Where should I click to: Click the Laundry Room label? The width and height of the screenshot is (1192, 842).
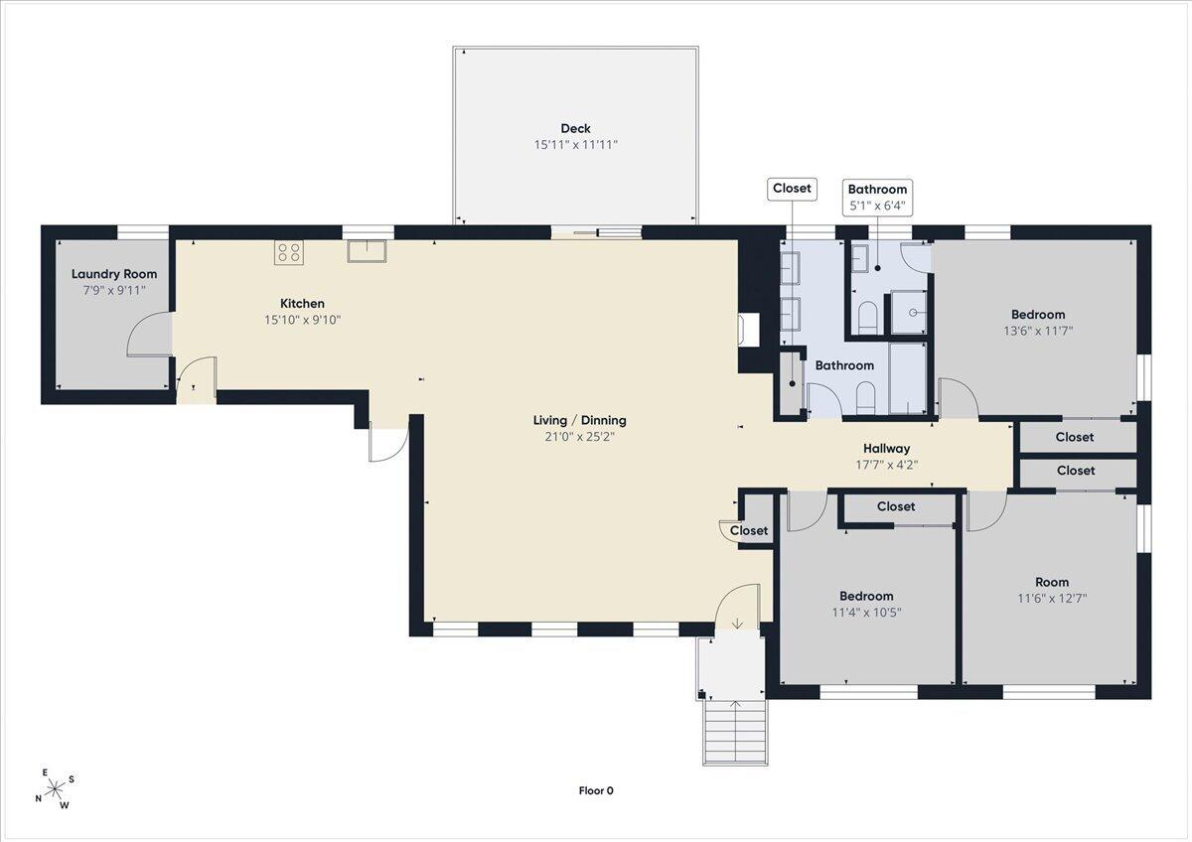pos(114,274)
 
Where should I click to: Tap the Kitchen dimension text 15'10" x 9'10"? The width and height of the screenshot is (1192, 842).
pos(302,320)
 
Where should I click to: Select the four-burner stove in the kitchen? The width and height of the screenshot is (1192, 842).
pos(289,252)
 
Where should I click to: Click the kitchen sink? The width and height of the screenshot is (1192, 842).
pos(367,251)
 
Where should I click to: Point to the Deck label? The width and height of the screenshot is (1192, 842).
pos(575,128)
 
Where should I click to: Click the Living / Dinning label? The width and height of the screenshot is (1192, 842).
pos(579,420)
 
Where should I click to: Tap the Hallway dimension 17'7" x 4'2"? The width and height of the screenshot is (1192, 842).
pos(886,465)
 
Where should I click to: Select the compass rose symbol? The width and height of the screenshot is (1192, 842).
pos(55,787)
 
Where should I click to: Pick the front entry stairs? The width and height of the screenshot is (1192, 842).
pos(735,733)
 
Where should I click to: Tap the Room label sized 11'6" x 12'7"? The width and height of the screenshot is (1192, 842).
pos(1052,582)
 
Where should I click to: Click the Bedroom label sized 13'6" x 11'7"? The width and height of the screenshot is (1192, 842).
pos(1038,315)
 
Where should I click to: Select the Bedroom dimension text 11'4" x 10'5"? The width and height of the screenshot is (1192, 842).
pos(866,613)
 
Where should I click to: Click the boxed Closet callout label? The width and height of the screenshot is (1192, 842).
pos(792,189)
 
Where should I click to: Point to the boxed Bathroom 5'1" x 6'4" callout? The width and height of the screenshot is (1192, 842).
pos(877,198)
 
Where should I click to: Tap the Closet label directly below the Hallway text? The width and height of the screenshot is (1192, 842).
pos(896,506)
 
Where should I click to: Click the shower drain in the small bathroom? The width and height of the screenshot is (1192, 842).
pos(913,313)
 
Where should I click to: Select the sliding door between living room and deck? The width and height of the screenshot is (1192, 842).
pos(596,232)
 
